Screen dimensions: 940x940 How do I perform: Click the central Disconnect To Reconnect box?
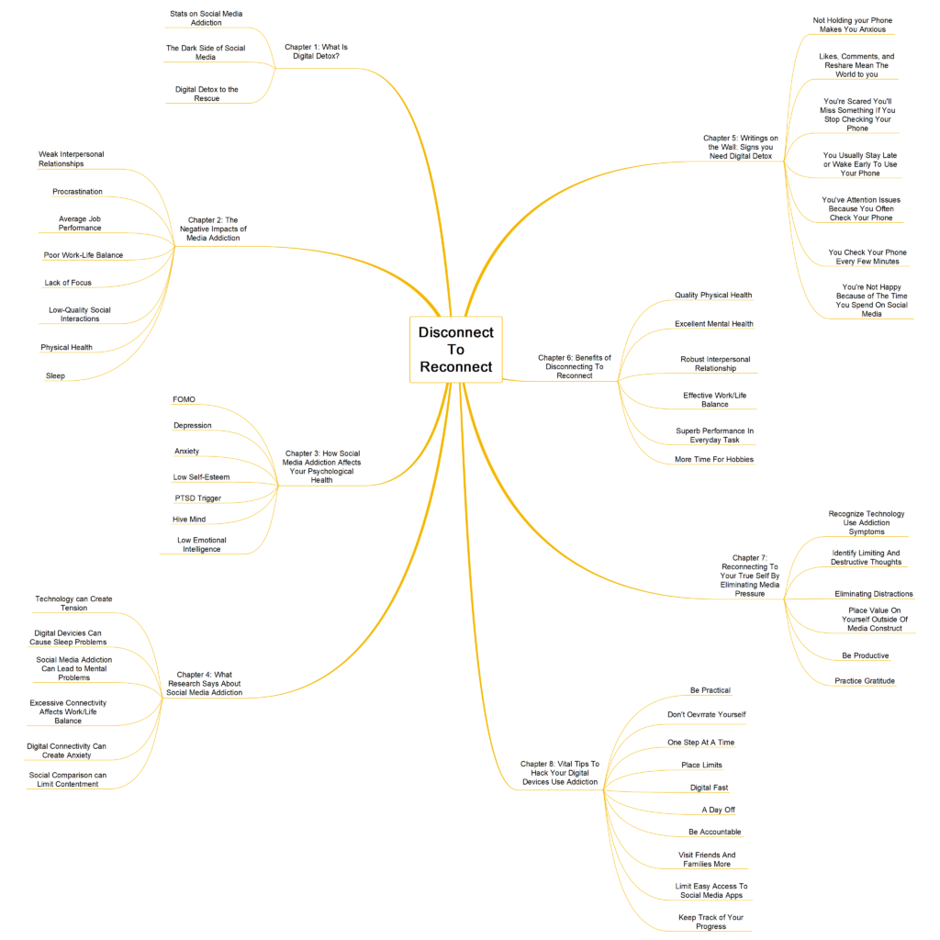(x=455, y=350)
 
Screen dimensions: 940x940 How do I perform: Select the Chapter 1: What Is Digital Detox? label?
(x=316, y=51)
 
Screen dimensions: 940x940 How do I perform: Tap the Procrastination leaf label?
(x=77, y=192)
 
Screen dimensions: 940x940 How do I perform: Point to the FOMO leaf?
(x=184, y=400)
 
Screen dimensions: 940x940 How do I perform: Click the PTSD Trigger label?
(x=198, y=498)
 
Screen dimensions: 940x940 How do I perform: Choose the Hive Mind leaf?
(x=189, y=520)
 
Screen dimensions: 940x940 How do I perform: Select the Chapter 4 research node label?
(x=205, y=683)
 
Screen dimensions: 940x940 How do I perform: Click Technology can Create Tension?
(x=73, y=603)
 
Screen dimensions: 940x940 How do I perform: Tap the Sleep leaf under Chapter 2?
(x=55, y=375)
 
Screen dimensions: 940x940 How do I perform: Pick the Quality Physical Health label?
(x=713, y=295)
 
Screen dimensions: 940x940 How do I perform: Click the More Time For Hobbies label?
(x=714, y=459)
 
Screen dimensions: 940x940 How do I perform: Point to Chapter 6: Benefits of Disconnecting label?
(x=575, y=366)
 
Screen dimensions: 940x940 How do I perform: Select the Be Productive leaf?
(x=865, y=655)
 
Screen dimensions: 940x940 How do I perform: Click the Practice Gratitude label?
(x=865, y=681)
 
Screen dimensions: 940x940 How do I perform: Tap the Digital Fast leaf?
(x=710, y=788)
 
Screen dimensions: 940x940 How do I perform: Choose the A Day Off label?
(x=718, y=810)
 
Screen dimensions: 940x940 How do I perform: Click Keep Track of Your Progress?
(x=711, y=922)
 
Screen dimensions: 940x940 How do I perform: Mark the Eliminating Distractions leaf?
(x=874, y=594)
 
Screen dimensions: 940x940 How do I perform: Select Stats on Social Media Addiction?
(x=207, y=18)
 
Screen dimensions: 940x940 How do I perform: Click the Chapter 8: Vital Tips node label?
(x=560, y=773)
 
